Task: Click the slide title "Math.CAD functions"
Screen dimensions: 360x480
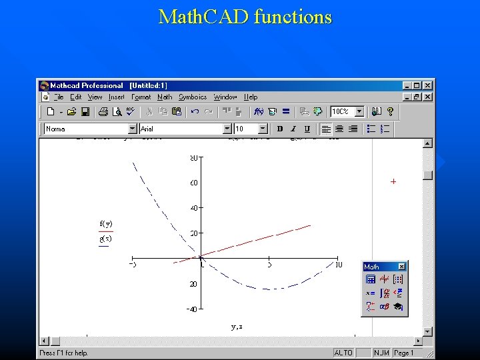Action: point(245,17)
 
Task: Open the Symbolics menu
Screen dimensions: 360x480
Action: point(192,97)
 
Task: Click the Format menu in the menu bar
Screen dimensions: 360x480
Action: point(141,97)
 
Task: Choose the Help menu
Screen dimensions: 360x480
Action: point(251,97)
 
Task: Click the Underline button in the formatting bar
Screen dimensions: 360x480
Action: point(307,129)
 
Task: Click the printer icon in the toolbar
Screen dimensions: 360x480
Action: point(103,112)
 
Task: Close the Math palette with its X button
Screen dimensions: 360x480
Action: point(401,267)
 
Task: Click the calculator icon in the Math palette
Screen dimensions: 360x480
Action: point(371,280)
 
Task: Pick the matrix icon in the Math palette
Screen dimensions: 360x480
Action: point(398,280)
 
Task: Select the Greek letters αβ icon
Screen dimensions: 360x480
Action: point(384,307)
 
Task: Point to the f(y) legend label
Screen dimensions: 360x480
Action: point(105,223)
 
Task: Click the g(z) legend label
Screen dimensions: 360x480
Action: point(105,239)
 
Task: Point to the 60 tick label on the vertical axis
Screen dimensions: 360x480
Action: point(193,183)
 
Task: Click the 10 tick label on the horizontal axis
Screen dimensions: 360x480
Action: point(339,265)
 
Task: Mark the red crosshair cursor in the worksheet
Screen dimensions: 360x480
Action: point(393,181)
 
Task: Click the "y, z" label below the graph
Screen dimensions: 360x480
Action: point(237,327)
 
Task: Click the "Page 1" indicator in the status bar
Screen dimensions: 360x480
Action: point(404,353)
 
